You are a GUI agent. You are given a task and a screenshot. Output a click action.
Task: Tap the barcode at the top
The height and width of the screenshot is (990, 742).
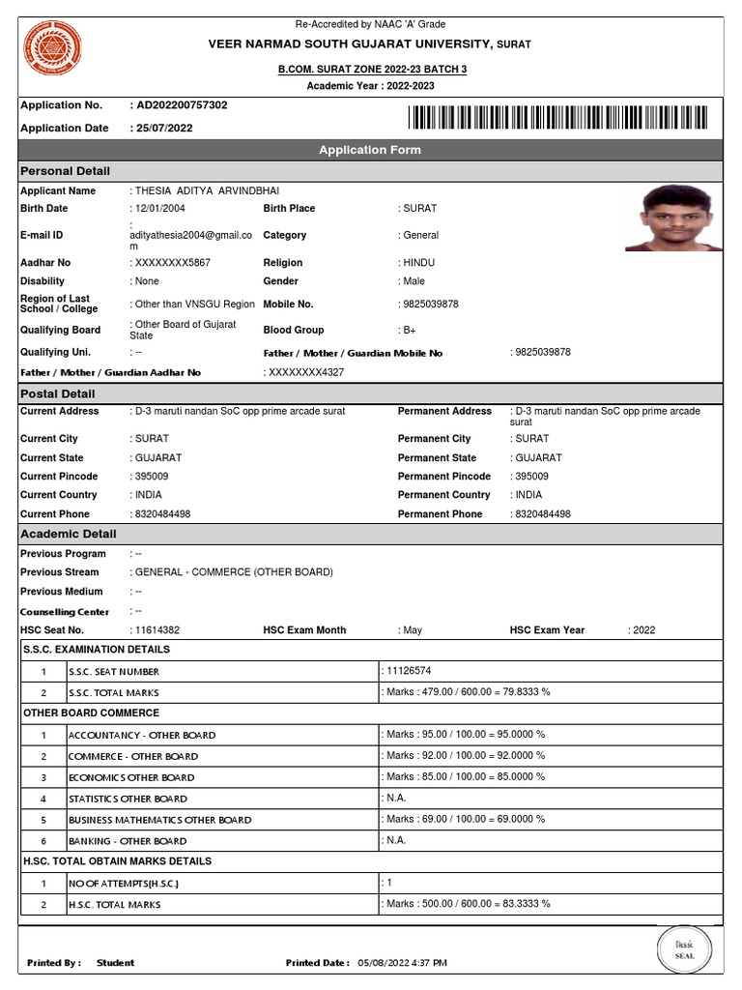(557, 118)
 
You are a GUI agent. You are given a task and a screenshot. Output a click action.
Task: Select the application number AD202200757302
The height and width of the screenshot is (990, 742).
(181, 104)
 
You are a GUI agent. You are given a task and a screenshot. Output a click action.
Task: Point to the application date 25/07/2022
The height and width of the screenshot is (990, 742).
(163, 128)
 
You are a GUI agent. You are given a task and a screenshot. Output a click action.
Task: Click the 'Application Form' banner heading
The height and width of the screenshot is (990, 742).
(370, 150)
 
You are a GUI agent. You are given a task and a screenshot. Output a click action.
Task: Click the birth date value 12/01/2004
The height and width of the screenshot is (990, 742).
(159, 209)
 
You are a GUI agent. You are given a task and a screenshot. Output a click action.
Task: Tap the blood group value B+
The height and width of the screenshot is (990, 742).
(410, 331)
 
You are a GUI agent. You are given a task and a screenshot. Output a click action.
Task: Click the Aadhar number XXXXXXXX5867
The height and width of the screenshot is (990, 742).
(172, 263)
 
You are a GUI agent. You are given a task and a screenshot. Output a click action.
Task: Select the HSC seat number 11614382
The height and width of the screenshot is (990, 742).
(157, 630)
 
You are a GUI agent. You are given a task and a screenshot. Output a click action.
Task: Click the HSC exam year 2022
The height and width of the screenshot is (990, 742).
(642, 630)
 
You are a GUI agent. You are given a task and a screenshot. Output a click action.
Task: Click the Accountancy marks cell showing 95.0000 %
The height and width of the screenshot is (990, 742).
(465, 735)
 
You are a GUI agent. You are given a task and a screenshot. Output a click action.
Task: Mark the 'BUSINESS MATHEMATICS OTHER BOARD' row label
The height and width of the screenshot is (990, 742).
(159, 820)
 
